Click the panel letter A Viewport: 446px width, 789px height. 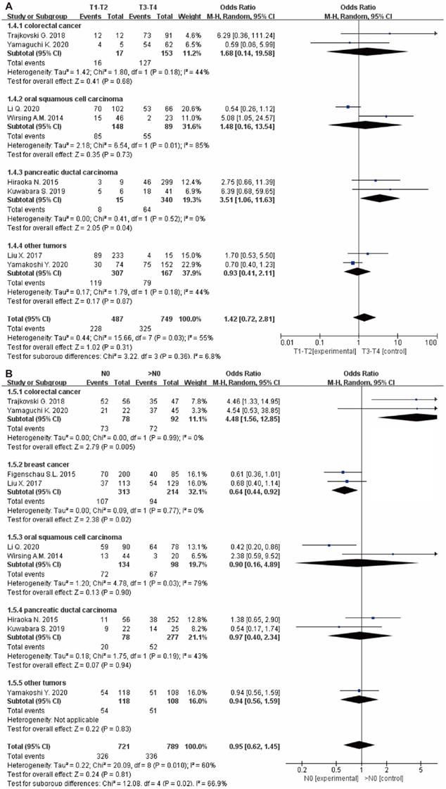pos(6,5)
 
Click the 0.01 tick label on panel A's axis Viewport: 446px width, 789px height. pos(286,343)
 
